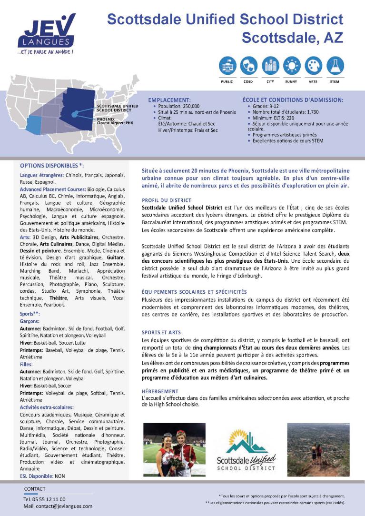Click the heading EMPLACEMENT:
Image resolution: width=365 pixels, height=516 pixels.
169,100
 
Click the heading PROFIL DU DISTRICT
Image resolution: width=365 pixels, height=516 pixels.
167,200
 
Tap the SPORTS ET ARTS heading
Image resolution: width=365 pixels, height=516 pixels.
161,332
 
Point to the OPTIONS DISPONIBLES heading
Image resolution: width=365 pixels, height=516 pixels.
52,166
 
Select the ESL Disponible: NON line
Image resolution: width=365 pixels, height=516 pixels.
42,476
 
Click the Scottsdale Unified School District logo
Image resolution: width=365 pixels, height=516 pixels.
246,450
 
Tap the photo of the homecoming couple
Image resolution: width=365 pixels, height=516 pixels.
174,450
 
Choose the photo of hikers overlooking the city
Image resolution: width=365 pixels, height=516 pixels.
318,450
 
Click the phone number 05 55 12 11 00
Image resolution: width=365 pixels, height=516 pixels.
48,499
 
